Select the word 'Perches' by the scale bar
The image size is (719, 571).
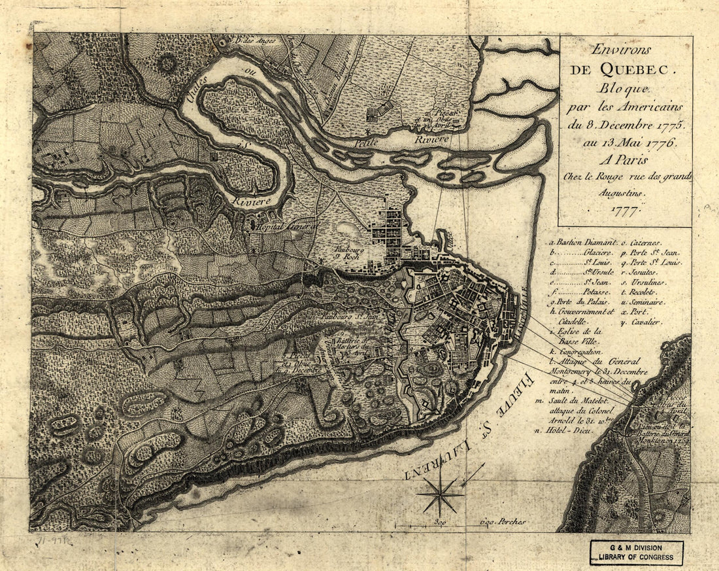click(511, 523)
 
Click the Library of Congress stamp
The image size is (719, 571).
click(636, 553)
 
